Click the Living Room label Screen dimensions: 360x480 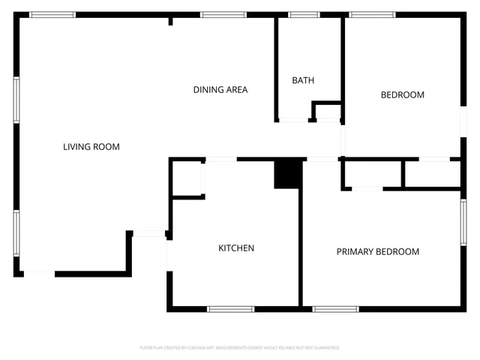coord(91,147)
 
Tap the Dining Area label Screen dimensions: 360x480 coord(220,90)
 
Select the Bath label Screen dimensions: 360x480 coord(303,80)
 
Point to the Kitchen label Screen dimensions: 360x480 coord(236,248)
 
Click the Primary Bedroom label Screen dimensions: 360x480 coord(377,252)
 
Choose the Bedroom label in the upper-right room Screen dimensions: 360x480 coord(403,95)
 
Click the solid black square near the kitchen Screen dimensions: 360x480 coord(287,173)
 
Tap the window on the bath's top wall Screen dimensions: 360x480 coord(304,14)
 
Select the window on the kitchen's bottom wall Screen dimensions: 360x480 coord(230,308)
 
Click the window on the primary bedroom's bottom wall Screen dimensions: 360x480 coord(335,308)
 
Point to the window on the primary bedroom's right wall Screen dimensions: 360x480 coord(463,222)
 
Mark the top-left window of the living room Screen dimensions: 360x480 coord(52,14)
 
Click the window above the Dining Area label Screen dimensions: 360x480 coord(223,14)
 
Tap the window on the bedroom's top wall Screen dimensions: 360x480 coord(373,14)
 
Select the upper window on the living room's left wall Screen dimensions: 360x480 coord(16,100)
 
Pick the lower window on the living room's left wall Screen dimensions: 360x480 coord(16,233)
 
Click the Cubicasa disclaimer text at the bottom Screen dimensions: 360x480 coord(240,348)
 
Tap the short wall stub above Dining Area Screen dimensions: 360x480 coord(171,21)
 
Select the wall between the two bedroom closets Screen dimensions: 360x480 coord(403,173)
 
